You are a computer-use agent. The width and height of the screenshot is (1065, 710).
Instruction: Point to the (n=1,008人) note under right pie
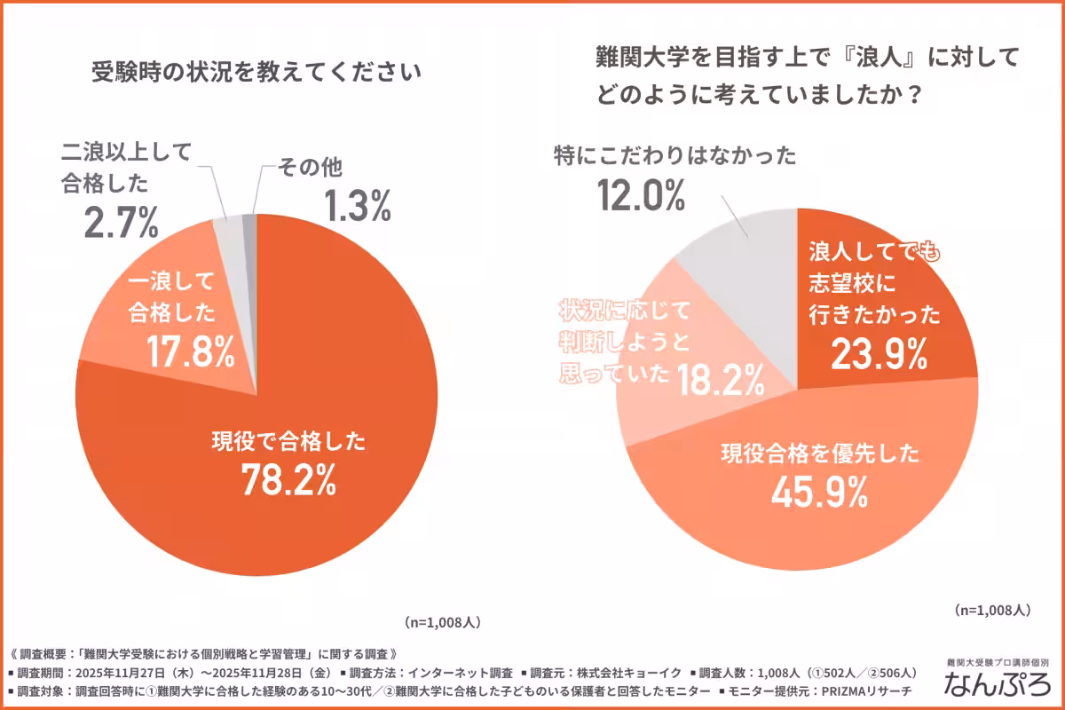(x=992, y=610)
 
